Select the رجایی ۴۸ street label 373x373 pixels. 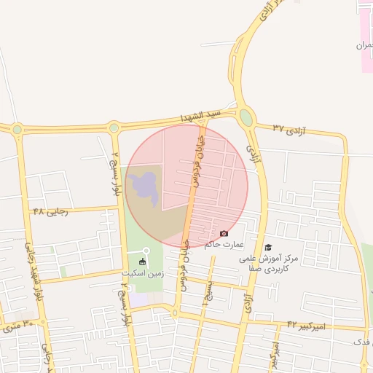pyautogui.click(x=50, y=211)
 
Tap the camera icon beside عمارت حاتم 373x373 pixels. pyautogui.click(x=224, y=233)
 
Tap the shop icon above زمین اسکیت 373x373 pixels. pyautogui.click(x=142, y=262)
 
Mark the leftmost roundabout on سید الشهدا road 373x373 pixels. pyautogui.click(x=17, y=130)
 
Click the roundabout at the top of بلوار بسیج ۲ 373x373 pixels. pyautogui.click(x=114, y=128)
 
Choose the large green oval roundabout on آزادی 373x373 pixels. pyautogui.click(x=247, y=117)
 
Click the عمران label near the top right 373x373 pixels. pyautogui.click(x=364, y=45)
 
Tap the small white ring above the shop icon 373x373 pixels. pyautogui.click(x=146, y=251)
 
